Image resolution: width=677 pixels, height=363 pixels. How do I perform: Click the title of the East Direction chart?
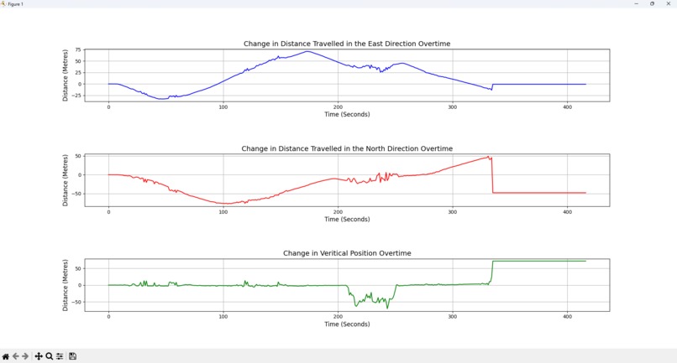[347, 44]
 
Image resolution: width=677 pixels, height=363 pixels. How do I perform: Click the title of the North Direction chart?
[347, 148]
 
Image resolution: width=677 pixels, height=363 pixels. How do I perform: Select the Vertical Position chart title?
[347, 253]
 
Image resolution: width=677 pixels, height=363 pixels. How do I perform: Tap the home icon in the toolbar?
[6, 356]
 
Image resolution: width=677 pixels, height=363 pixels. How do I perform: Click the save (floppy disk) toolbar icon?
[72, 356]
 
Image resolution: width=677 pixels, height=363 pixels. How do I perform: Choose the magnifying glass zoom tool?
[50, 356]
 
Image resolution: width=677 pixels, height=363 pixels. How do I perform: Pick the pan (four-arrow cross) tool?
[39, 356]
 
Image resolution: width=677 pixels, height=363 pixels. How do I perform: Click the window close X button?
[668, 4]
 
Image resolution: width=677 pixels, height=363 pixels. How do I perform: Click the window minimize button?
[636, 4]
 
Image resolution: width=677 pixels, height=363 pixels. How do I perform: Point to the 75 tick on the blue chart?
[78, 50]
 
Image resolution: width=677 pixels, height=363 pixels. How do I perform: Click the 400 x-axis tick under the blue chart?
[567, 107]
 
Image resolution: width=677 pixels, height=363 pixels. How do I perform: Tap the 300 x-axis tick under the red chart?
[453, 212]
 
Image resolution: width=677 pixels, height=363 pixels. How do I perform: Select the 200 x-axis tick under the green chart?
[338, 317]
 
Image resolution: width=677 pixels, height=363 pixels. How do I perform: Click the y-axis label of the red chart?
[66, 180]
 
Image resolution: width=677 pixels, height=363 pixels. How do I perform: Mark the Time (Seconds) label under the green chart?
[347, 324]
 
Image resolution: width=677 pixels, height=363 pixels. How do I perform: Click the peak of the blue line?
[307, 52]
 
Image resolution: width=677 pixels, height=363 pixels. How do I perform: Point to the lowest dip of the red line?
[225, 204]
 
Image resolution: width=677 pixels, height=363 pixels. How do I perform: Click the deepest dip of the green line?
[387, 308]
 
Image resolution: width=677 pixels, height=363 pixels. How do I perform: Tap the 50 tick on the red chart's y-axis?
[78, 157]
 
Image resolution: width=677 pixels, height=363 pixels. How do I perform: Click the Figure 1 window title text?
[15, 4]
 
